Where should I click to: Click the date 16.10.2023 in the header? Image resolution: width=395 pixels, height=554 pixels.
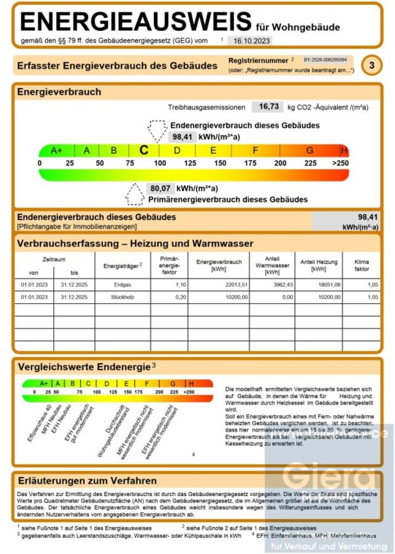pos(249,41)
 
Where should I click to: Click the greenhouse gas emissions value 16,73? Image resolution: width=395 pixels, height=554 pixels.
pos(269,106)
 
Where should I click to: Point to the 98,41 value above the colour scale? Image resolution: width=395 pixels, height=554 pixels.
pos(182,137)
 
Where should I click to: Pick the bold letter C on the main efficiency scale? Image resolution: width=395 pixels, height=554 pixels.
pos(144,150)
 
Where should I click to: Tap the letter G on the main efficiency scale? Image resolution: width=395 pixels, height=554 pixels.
pos(310,151)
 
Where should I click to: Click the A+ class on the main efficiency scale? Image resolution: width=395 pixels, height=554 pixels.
pos(57,151)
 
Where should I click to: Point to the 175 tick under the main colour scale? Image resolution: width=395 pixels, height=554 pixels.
pos(250,163)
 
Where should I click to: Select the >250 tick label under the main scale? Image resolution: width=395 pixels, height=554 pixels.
pos(340,163)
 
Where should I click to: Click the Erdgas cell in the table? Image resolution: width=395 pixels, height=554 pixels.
pos(123,285)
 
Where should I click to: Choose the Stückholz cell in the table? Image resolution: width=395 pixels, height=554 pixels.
pos(123,297)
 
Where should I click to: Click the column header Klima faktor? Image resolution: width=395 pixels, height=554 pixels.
pos(362,265)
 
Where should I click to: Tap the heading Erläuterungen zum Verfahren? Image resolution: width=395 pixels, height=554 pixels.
pos(87,480)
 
